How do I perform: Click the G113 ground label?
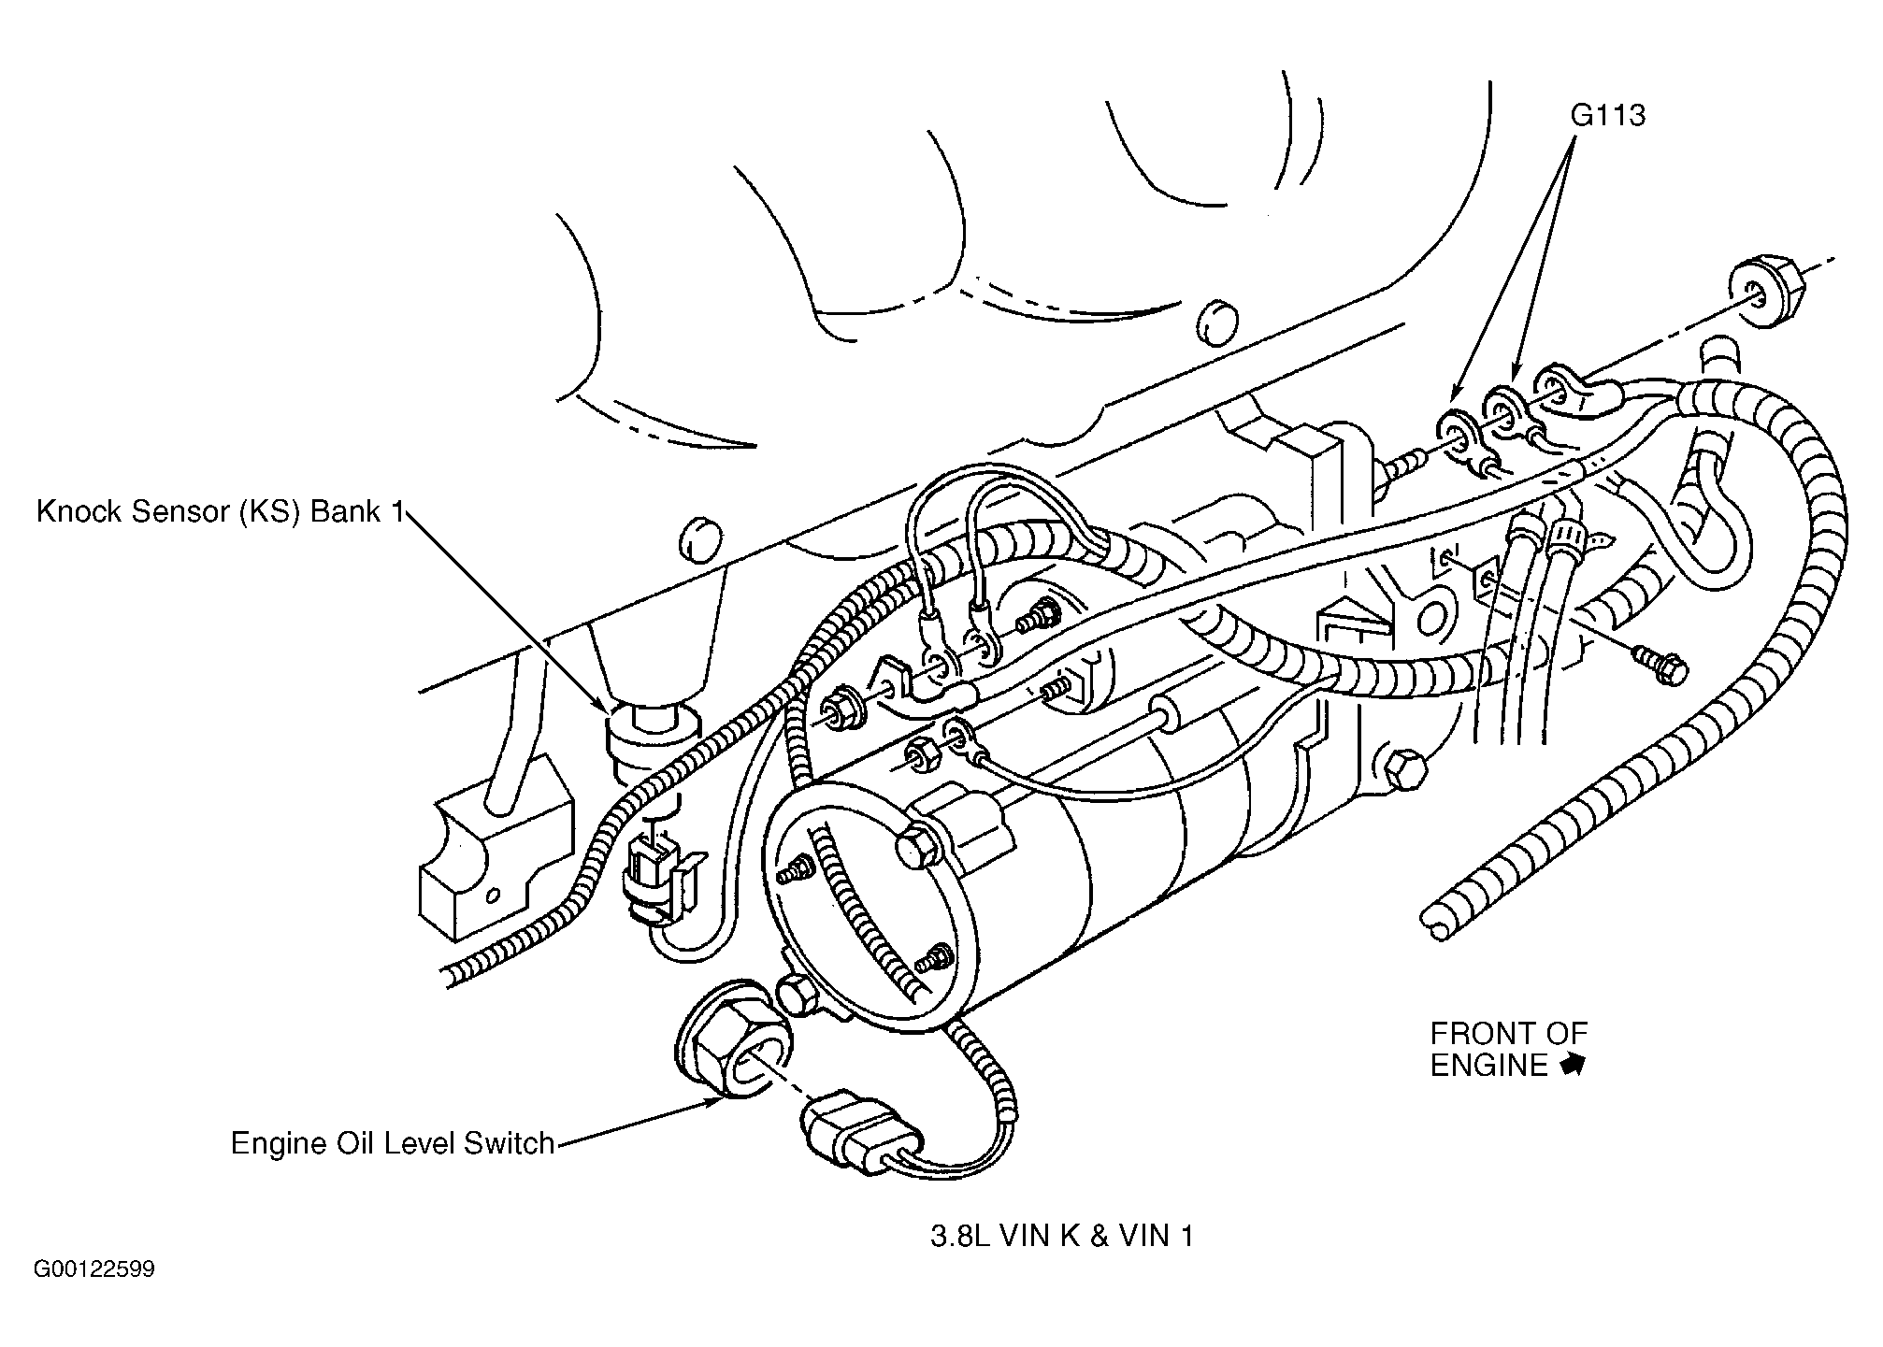tap(1607, 116)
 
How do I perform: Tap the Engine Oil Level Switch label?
tap(393, 1143)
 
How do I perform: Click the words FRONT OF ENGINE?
tap(1508, 1049)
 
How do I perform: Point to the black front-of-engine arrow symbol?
tap(1574, 1065)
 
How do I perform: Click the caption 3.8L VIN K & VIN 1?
tap(1061, 1237)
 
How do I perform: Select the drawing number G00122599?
tap(94, 1269)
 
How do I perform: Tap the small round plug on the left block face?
tap(696, 539)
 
